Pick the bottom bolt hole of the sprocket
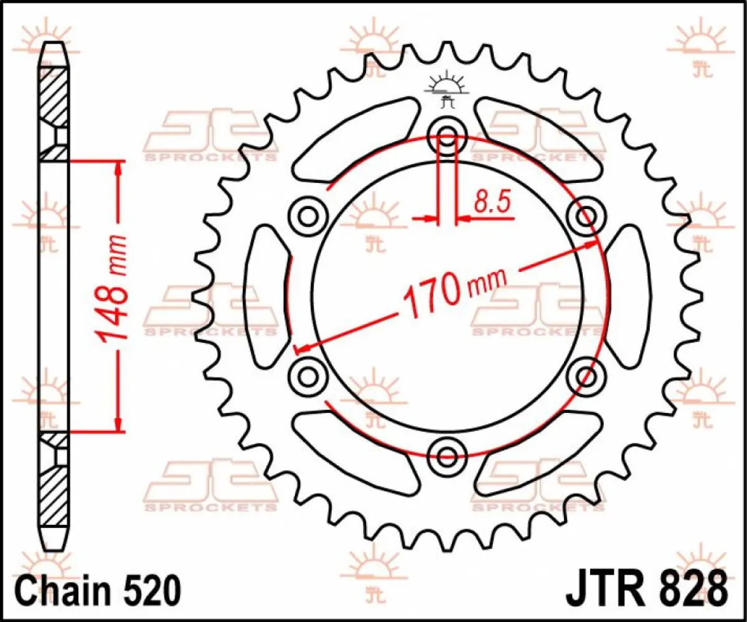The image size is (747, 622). pos(448,456)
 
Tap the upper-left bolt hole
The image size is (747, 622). pos(308,216)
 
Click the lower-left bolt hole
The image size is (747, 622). pos(308,375)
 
